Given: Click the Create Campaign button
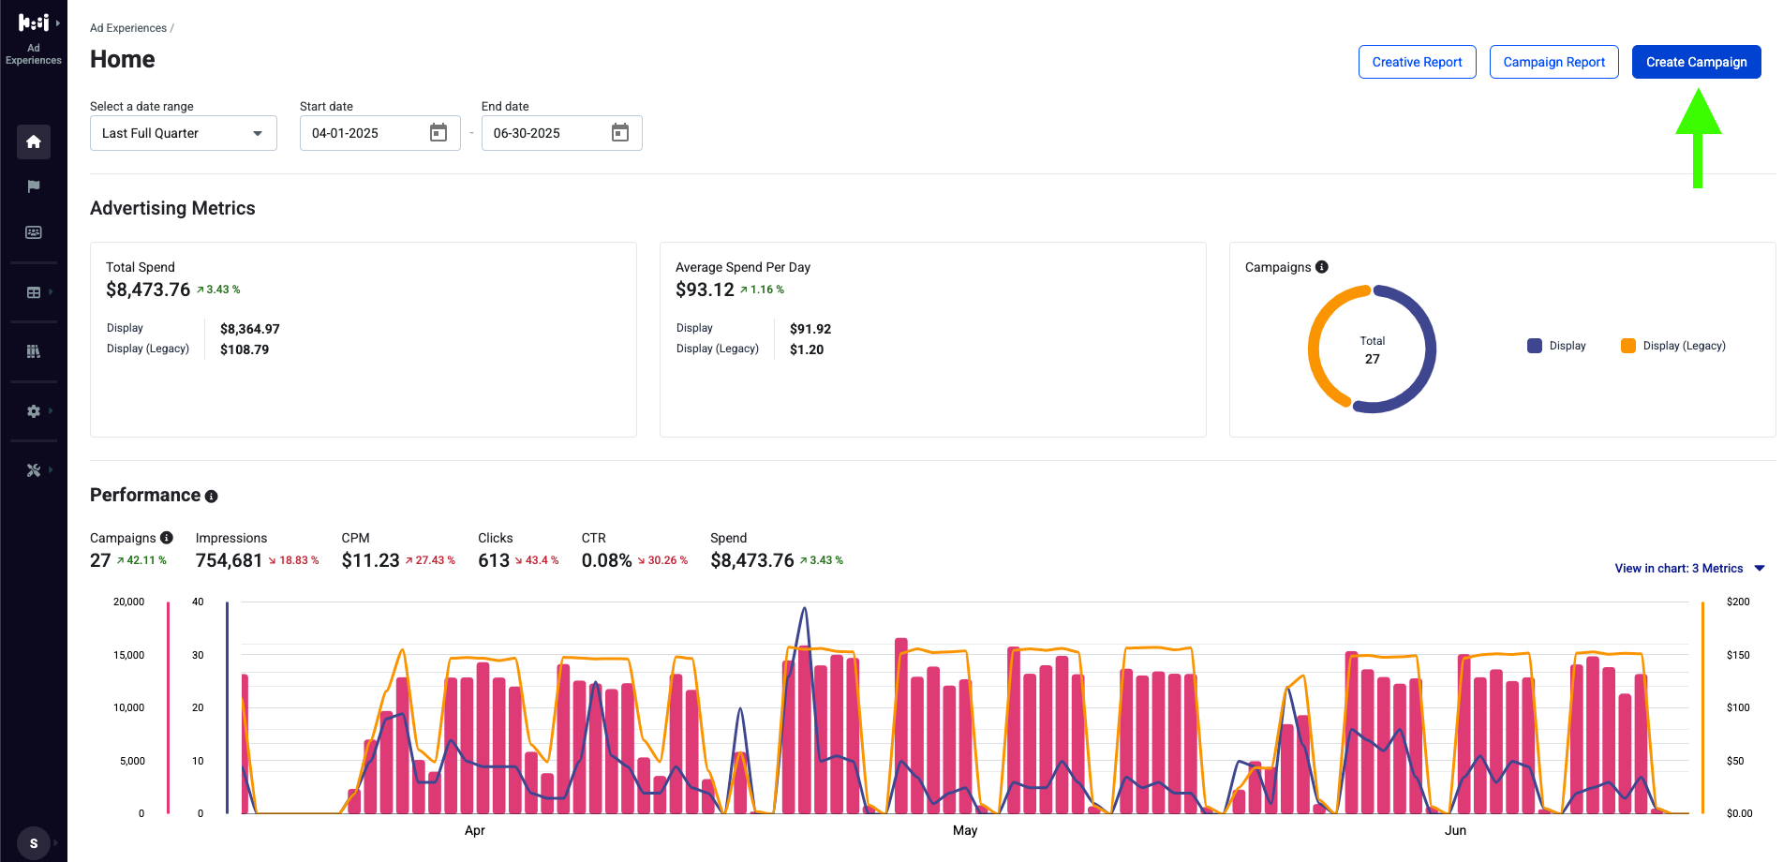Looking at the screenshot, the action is [x=1696, y=62].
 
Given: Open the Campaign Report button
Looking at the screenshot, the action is [x=1553, y=62].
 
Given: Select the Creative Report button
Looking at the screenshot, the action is [x=1417, y=62].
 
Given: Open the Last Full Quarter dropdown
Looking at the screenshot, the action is [x=184, y=133].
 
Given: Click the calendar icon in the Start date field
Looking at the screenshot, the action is [x=438, y=133].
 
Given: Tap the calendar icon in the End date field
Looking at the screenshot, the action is [x=620, y=133].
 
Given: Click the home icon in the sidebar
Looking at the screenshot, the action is [x=34, y=141].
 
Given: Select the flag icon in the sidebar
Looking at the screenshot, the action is [x=34, y=186].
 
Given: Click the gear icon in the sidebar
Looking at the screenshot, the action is [x=34, y=411].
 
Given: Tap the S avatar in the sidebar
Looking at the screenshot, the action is [x=34, y=843].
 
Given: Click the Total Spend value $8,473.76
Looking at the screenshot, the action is [x=148, y=290].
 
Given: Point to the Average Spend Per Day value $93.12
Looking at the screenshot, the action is [x=705, y=290].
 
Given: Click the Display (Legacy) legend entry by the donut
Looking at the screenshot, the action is [x=1673, y=346].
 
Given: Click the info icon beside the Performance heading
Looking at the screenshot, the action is [x=212, y=497].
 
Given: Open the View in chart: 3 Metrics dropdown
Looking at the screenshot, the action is [x=1689, y=569].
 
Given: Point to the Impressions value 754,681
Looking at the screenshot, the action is [x=229, y=560].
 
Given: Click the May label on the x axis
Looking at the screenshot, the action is [x=965, y=830].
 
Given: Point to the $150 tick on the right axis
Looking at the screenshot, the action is [x=1738, y=655].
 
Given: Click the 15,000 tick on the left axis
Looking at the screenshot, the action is [x=129, y=655].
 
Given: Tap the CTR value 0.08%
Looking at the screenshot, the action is [x=606, y=560].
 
